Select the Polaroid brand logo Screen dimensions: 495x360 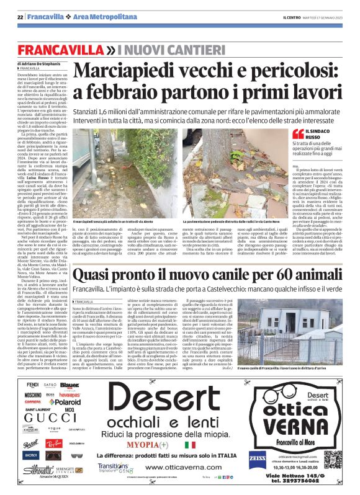[65, 402]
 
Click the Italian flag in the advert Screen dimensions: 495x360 [172, 445]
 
